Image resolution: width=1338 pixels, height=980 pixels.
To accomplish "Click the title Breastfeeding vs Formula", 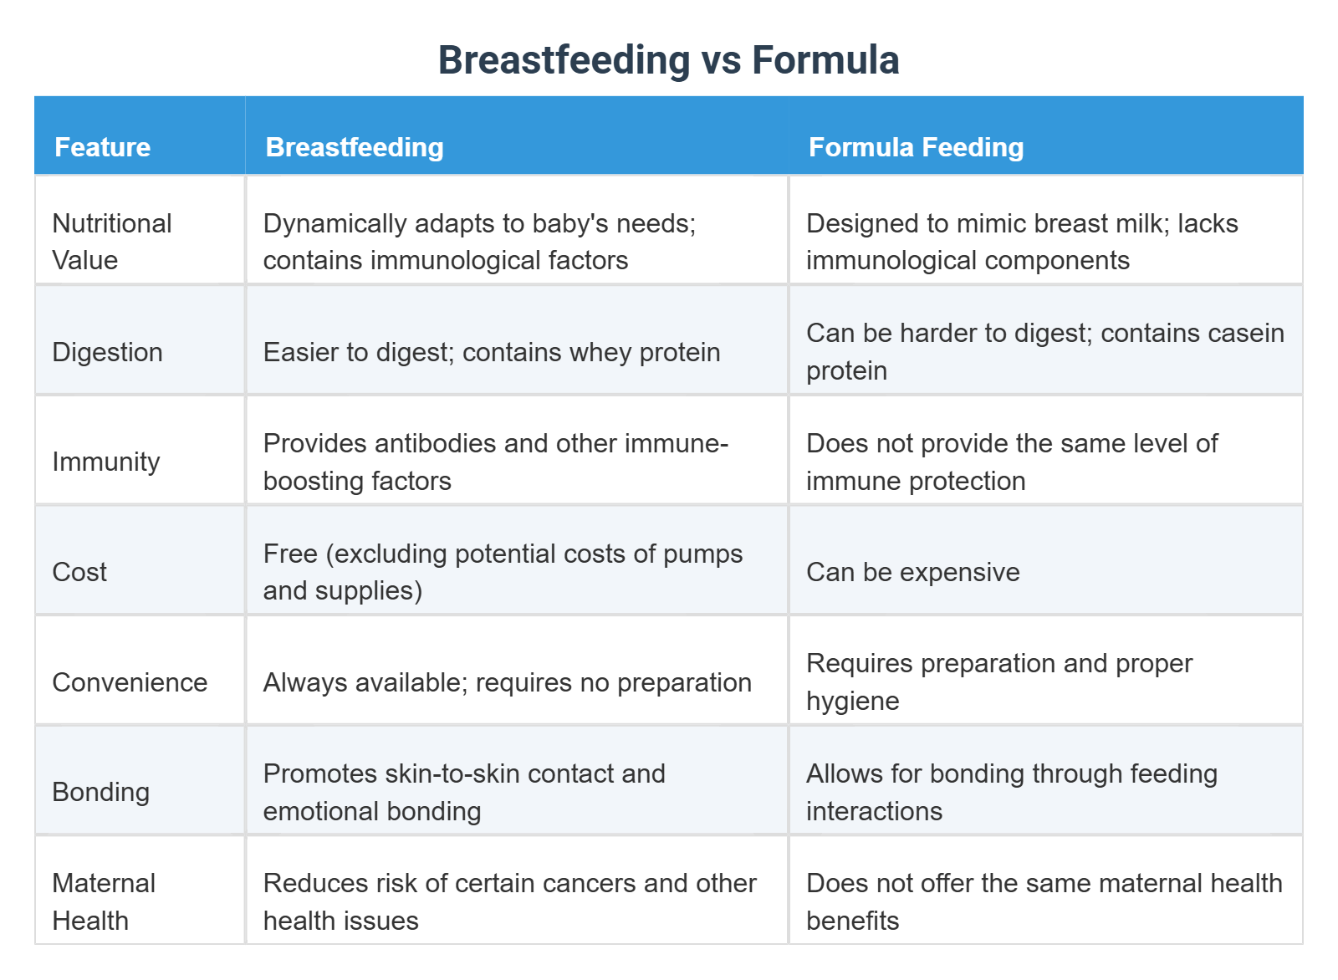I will pyautogui.click(x=668, y=60).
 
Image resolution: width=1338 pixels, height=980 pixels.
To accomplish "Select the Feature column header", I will pyautogui.click(x=102, y=147).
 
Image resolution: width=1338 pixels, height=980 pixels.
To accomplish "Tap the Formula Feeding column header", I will pyautogui.click(x=916, y=147).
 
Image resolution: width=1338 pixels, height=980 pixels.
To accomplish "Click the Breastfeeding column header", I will pyautogui.click(x=355, y=147).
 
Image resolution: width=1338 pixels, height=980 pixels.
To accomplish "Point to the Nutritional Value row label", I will pyautogui.click(x=111, y=242).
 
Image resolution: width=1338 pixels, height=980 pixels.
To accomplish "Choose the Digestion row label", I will pyautogui.click(x=107, y=352).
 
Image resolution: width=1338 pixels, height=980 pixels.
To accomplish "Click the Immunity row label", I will pyautogui.click(x=105, y=462).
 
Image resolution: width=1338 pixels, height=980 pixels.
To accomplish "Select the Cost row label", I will pyautogui.click(x=79, y=572).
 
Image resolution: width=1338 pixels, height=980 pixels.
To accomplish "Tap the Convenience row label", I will pyautogui.click(x=130, y=682).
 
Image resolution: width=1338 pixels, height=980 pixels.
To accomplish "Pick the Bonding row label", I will pyautogui.click(x=100, y=792).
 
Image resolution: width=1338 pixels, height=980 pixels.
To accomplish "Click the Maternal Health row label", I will pyautogui.click(x=104, y=901).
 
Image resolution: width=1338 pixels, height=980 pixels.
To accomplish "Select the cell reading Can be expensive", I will pyautogui.click(x=912, y=572).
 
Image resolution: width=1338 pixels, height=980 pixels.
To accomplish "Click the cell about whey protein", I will pyautogui.click(x=492, y=352).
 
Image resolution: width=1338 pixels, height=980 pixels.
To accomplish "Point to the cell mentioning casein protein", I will pyautogui.click(x=1044, y=351).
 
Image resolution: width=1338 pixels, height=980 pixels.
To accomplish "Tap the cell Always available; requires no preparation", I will pyautogui.click(x=507, y=682).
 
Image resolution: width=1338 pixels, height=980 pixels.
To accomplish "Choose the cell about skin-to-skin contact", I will pyautogui.click(x=464, y=792).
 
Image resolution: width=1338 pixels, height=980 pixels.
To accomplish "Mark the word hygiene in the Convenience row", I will pyautogui.click(x=852, y=701).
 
